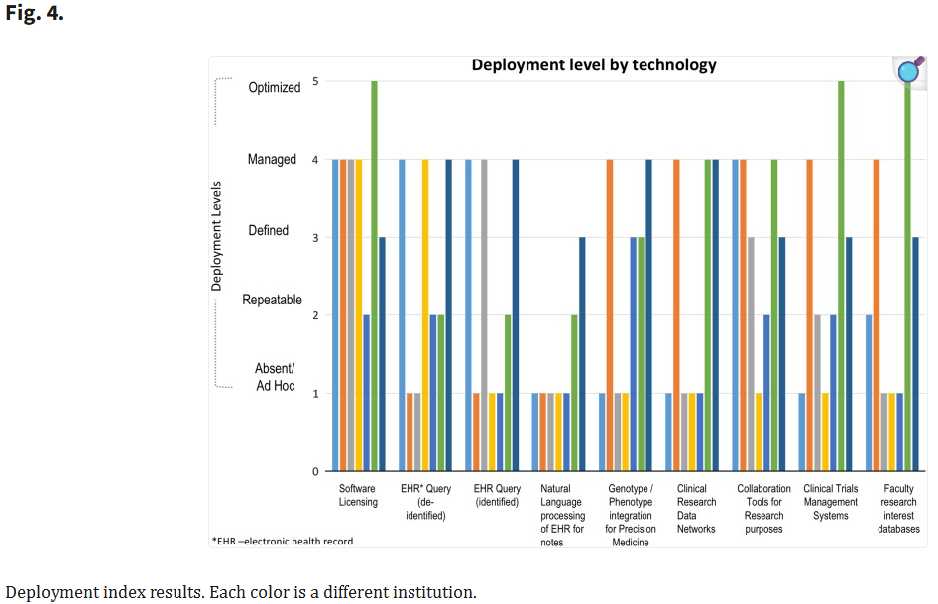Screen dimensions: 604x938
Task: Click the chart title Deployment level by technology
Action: [x=594, y=65]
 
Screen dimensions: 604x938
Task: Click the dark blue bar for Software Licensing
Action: [x=382, y=354]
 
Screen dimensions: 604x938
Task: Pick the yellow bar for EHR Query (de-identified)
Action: [x=425, y=314]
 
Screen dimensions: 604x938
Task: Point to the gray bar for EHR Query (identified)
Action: [x=484, y=314]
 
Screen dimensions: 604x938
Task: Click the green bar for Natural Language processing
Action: [x=574, y=393]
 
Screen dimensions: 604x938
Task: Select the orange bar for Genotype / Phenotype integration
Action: [x=610, y=314]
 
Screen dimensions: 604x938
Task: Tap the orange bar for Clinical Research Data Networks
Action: [x=676, y=314]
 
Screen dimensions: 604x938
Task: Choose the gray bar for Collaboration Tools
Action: [x=751, y=354]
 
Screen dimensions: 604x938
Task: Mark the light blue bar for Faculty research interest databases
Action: [x=869, y=393]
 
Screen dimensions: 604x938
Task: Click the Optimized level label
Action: [x=274, y=87]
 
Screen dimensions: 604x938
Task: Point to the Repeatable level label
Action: [x=272, y=300]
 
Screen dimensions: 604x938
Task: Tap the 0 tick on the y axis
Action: [x=315, y=472]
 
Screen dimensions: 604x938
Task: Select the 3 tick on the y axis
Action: [x=315, y=237]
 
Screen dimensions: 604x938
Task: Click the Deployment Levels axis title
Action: [x=217, y=235]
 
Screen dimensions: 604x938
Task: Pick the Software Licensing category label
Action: [x=358, y=495]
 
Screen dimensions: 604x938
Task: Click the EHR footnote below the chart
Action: [x=283, y=541]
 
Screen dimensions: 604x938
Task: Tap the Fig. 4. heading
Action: [x=35, y=15]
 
